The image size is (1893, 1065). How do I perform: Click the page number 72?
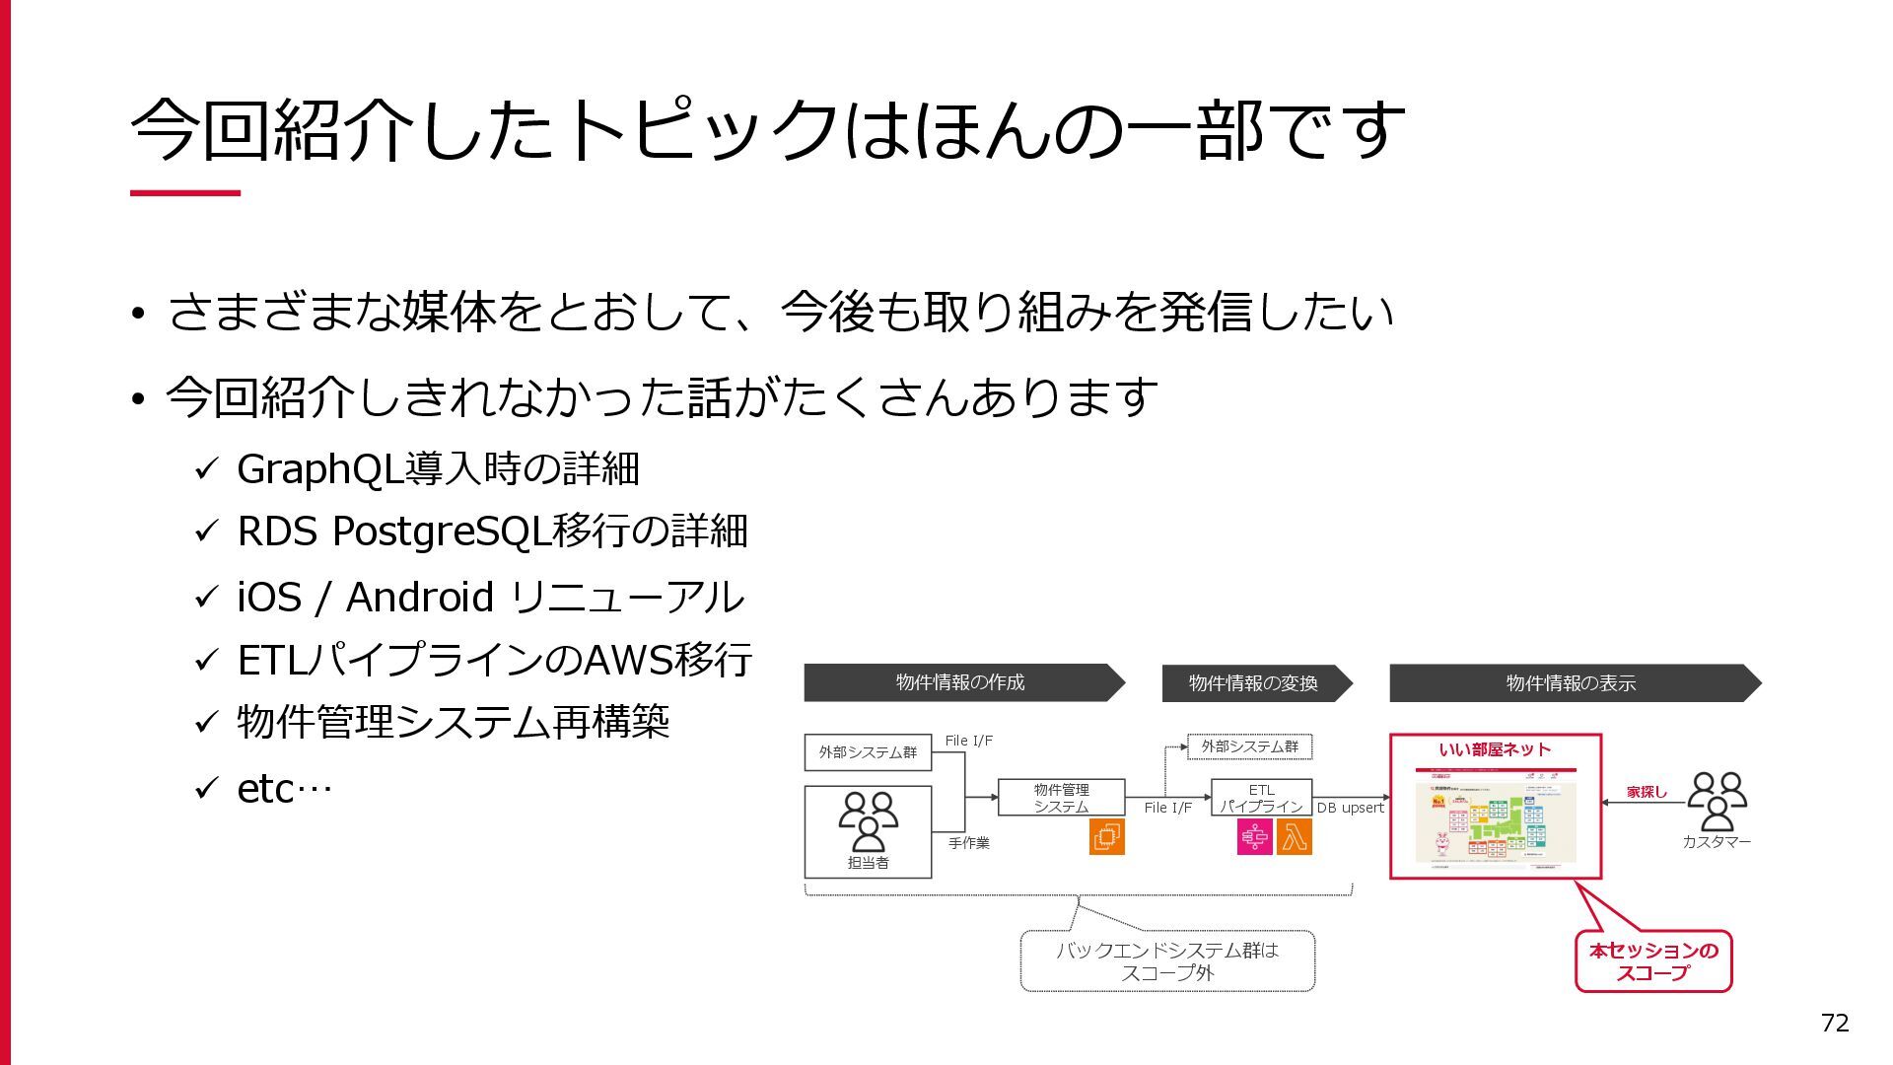[x=1834, y=1023]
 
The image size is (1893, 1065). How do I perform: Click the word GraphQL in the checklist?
[x=320, y=469]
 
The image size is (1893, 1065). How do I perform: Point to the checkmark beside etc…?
[x=205, y=788]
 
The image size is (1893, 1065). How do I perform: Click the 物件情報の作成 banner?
[x=961, y=682]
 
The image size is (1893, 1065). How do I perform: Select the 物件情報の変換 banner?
[x=1254, y=683]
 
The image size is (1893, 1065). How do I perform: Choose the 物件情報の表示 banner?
[x=1572, y=683]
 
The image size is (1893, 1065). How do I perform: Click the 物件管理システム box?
[x=1061, y=798]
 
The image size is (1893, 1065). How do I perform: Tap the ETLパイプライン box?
[x=1261, y=798]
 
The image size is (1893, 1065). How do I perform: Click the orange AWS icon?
[x=1106, y=837]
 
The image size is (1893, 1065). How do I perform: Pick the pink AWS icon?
[x=1255, y=837]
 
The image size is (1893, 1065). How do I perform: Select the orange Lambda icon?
[x=1295, y=837]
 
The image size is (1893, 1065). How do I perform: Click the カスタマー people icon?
[x=1717, y=802]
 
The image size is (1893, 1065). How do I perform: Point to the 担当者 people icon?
[x=868, y=821]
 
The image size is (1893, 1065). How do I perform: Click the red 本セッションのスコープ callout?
[x=1653, y=961]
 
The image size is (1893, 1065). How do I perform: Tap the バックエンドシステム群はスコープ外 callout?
[x=1167, y=961]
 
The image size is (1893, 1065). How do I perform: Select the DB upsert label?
[x=1350, y=809]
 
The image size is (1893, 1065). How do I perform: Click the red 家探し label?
[x=1647, y=792]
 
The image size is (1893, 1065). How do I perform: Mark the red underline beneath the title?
[x=185, y=193]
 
